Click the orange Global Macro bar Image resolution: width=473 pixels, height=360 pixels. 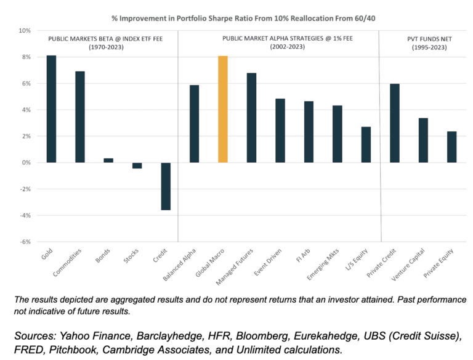point(223,109)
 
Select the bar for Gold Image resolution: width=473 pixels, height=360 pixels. point(51,109)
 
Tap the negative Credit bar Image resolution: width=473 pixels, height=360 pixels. point(166,186)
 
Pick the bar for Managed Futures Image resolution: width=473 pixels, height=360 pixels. point(251,118)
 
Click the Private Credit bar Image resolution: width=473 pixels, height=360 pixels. point(394,123)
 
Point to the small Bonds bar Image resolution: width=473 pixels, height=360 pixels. point(108,160)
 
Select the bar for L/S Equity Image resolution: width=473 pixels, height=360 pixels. point(366,144)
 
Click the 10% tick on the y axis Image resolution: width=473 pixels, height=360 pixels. point(25,30)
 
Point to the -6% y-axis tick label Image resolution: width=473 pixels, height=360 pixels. point(25,242)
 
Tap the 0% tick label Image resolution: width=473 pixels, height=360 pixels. point(26,163)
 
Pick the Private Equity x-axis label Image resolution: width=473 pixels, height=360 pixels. point(443,266)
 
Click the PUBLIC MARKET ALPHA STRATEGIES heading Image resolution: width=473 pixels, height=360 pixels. point(280,39)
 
